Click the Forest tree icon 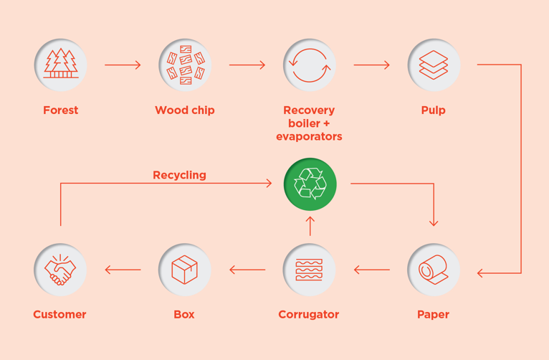click(x=61, y=65)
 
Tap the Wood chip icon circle click(x=185, y=65)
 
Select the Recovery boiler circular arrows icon click(x=309, y=65)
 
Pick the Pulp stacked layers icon click(x=434, y=65)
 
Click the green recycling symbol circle click(x=310, y=184)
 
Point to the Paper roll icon click(x=434, y=270)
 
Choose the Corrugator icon click(x=309, y=270)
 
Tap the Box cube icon click(x=185, y=270)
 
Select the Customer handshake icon click(x=60, y=270)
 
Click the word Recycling click(x=179, y=175)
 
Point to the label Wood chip click(x=185, y=110)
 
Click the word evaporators click(x=309, y=136)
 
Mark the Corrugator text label click(x=309, y=315)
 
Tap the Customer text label click(x=59, y=315)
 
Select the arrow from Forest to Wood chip click(x=123, y=65)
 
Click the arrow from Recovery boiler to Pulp click(x=371, y=65)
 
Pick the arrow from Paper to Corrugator click(x=371, y=270)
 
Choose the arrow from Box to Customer click(x=123, y=270)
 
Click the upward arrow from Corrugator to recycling click(x=310, y=227)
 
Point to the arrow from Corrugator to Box click(x=247, y=270)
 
